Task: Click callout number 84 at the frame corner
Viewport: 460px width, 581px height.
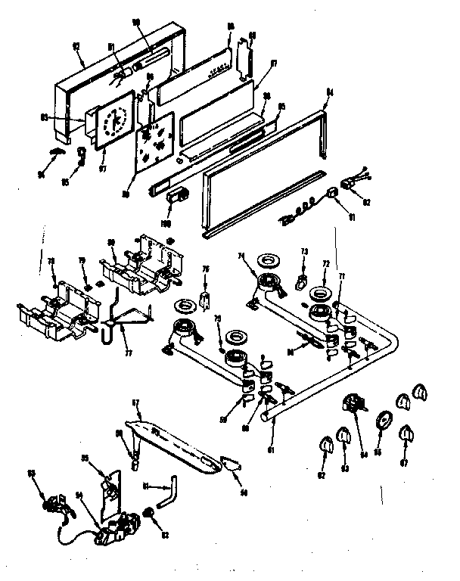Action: (x=329, y=93)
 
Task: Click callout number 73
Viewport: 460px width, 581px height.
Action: (x=305, y=250)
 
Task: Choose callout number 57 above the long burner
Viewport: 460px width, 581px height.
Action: (x=137, y=404)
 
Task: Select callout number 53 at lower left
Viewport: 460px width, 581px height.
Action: (x=32, y=474)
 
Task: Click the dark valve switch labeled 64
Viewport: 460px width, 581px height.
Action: (x=353, y=403)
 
